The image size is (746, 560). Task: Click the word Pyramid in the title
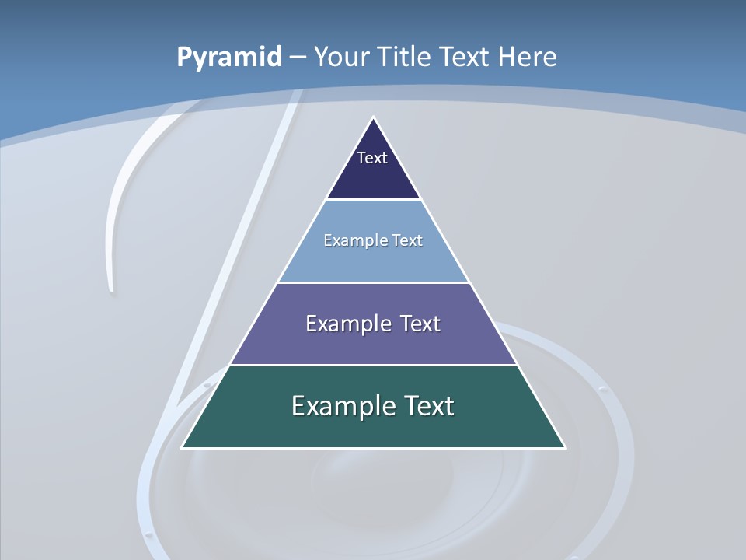[x=228, y=58]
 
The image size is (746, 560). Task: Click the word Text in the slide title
[x=465, y=57]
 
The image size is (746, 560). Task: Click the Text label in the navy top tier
[x=372, y=158]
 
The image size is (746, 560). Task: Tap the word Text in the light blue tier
[x=406, y=240]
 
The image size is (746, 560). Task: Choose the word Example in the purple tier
[x=342, y=324]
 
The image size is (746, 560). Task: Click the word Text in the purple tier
[x=420, y=324]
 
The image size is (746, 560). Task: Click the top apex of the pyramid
[x=373, y=117]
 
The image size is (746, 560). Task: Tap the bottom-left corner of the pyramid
[x=182, y=447]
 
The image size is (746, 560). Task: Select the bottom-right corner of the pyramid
[x=565, y=447]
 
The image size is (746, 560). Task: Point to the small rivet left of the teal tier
[x=206, y=384]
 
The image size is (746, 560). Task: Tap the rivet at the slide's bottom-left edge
[x=148, y=535]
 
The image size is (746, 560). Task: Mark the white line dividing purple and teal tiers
[x=373, y=365]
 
